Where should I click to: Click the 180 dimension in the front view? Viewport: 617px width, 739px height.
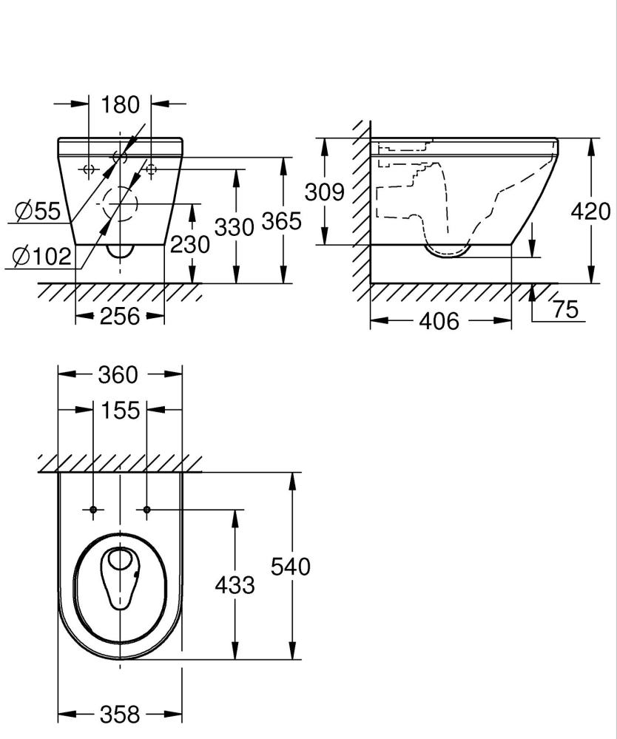pyautogui.click(x=120, y=105)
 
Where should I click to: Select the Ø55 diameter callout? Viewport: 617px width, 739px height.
pyautogui.click(x=38, y=212)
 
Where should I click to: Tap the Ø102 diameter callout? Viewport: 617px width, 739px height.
pyautogui.click(x=42, y=257)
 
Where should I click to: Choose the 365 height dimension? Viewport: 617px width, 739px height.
pyautogui.click(x=281, y=220)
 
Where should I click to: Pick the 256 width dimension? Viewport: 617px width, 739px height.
pyautogui.click(x=119, y=317)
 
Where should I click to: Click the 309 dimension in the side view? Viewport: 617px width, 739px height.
pyautogui.click(x=325, y=192)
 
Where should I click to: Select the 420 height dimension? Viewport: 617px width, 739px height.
pyautogui.click(x=590, y=212)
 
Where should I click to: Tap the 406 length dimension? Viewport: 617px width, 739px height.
pyautogui.click(x=439, y=321)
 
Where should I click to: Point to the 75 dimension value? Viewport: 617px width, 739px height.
pyautogui.click(x=565, y=309)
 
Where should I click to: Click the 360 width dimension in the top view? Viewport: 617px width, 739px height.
pyautogui.click(x=118, y=375)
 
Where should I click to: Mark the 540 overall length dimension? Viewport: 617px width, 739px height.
pyautogui.click(x=290, y=567)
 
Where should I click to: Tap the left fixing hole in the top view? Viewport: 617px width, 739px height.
pyautogui.click(x=93, y=510)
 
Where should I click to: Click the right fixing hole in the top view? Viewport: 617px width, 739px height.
pyautogui.click(x=147, y=510)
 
